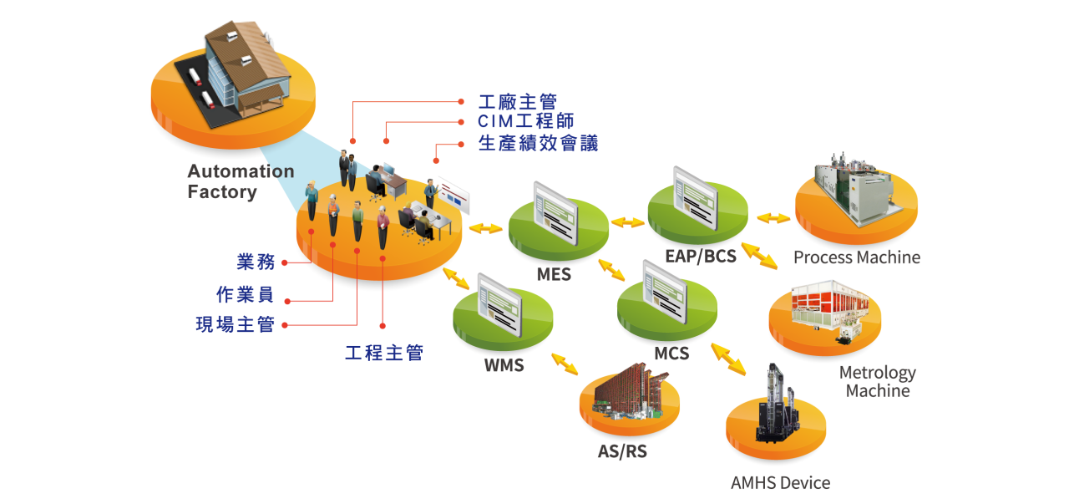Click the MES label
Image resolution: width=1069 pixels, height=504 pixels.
pos(555,273)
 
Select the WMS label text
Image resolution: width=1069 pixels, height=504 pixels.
pos(504,365)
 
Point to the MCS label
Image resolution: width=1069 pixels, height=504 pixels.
pos(671,354)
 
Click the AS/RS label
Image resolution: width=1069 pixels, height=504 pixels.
pos(622,452)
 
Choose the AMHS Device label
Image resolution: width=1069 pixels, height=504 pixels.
pos(780,483)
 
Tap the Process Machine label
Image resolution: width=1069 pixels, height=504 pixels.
pos(856,257)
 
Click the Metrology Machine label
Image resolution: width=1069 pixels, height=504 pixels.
pos(877,381)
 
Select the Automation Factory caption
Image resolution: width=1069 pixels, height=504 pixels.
pos(240,181)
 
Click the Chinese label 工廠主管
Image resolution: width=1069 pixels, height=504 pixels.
pos(517,102)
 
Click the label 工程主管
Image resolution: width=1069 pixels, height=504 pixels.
pos(383,353)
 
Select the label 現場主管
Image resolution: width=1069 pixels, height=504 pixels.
pos(235,324)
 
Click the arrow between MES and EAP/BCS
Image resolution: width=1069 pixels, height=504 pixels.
pos(627,222)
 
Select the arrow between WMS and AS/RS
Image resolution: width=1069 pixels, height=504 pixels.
pos(565,364)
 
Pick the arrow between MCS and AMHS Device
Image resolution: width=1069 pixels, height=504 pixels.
pos(728,358)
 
